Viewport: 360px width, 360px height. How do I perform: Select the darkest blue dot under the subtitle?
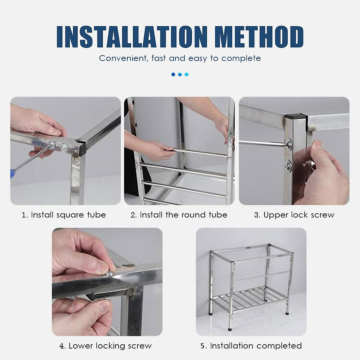173,74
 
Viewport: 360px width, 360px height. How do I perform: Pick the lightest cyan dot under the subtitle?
187,74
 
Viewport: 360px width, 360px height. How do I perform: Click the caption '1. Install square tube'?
64,215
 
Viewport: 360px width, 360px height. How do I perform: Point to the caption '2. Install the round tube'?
179,215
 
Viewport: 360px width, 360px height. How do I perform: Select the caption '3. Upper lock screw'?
294,215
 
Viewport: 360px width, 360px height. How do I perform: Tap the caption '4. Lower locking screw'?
106,346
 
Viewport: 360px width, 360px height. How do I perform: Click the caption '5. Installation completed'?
251,346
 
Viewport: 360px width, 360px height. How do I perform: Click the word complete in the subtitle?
241,58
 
